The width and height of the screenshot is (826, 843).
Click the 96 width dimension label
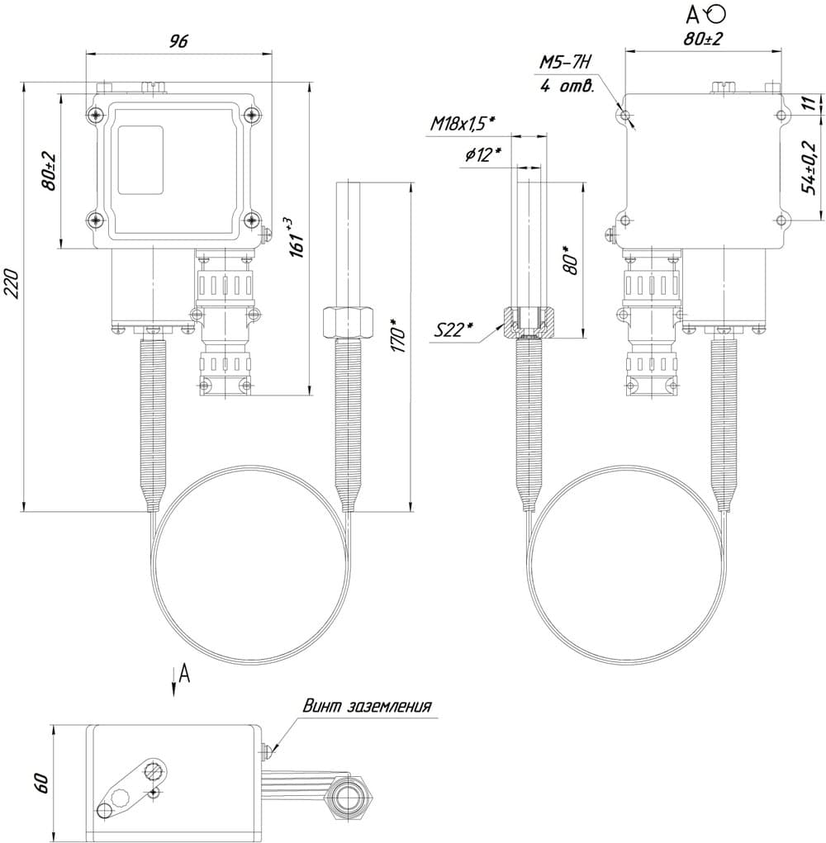[x=178, y=42]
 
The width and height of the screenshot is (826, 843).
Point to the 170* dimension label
[x=400, y=339]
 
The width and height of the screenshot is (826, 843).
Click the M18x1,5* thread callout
[x=462, y=124]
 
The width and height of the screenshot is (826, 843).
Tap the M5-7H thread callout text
[x=567, y=62]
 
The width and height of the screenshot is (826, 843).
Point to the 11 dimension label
[x=810, y=103]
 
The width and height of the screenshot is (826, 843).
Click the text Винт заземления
[x=367, y=706]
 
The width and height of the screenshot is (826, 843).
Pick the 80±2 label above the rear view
[x=703, y=38]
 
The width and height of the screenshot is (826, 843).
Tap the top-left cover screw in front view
[x=99, y=115]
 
